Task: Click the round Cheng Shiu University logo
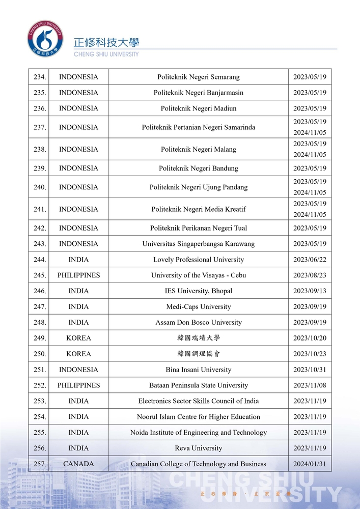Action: click(x=46, y=39)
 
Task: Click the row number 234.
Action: click(x=40, y=77)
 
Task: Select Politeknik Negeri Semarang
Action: click(x=198, y=77)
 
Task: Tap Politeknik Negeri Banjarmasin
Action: click(x=198, y=93)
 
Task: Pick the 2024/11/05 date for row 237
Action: click(x=310, y=132)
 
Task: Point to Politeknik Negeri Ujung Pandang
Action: click(x=198, y=187)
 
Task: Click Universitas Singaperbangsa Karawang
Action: click(x=198, y=244)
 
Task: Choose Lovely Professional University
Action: click(x=198, y=260)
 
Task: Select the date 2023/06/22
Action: click(x=310, y=260)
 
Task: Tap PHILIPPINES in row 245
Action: click(x=78, y=275)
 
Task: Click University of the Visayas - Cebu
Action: click(x=198, y=275)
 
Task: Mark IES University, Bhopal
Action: click(x=198, y=291)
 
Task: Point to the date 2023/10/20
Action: click(x=310, y=338)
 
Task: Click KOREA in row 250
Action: click(x=78, y=354)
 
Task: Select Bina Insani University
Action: click(x=198, y=370)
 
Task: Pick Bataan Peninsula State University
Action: click(x=198, y=385)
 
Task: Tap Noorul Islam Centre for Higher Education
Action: click(x=198, y=417)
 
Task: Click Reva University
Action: click(x=198, y=448)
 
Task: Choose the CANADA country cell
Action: click(x=78, y=464)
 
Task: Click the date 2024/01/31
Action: click(x=310, y=464)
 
